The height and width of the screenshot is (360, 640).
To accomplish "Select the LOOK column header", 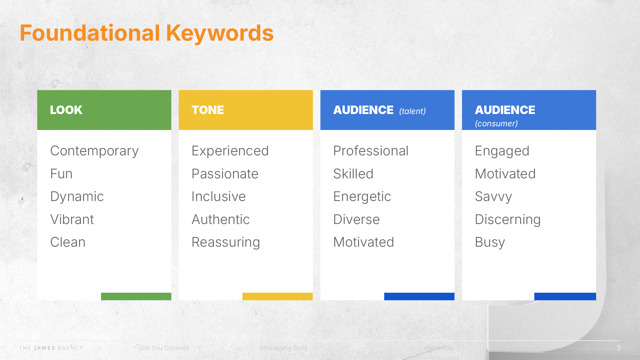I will coord(66,110).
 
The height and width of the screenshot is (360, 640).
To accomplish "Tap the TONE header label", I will coord(207,110).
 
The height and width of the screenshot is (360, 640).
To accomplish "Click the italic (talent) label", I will coord(412,111).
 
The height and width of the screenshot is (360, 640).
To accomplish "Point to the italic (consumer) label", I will coord(496,124).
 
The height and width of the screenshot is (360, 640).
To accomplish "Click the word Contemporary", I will coord(94,151).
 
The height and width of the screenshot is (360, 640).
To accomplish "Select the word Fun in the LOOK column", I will coord(61,174).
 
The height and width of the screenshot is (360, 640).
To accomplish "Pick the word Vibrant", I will coord(72,220).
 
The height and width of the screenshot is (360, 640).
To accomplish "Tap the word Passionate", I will coord(225,174).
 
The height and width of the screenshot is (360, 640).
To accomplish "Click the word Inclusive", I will coord(219,197).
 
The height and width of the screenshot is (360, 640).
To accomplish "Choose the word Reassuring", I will coord(226,242).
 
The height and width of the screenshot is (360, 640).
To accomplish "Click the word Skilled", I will coord(353,174).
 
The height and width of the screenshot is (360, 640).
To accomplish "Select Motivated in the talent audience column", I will coord(364,242).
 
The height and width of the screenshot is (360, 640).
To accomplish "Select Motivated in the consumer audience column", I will coord(505,174).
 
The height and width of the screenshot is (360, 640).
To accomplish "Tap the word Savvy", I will coord(493,197).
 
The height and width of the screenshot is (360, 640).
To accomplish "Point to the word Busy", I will coord(490,242).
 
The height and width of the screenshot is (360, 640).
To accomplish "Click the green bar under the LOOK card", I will coord(136,296).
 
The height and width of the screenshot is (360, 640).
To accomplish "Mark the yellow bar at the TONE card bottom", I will coord(277,296).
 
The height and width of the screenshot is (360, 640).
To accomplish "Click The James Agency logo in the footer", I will coord(51,348).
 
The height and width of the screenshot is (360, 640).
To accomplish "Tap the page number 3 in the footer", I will coord(619,348).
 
